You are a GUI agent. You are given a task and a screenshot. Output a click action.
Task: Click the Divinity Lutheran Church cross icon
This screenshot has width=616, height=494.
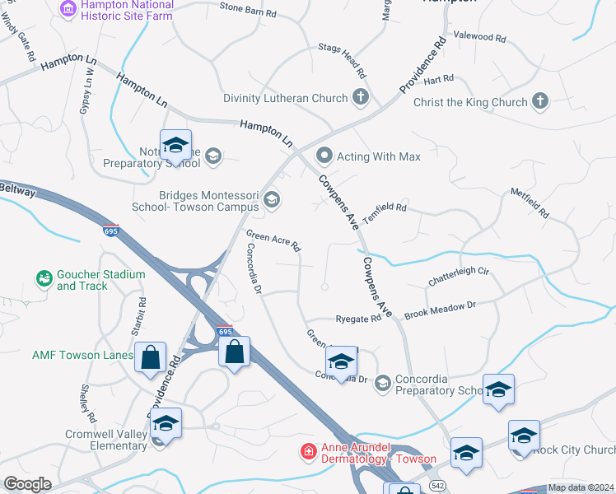(360, 98)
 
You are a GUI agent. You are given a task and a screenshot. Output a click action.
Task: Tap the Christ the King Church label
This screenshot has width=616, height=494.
(470, 102)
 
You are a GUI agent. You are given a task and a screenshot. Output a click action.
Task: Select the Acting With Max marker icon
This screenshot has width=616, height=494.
(324, 156)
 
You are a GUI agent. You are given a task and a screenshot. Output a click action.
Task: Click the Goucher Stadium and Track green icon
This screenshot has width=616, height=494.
(43, 279)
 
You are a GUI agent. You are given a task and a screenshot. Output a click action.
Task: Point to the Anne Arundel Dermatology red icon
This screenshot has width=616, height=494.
(308, 451)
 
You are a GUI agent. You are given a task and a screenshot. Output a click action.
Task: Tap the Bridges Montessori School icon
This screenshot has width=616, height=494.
(271, 199)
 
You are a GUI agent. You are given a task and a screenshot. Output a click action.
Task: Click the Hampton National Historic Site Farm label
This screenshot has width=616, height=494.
(127, 11)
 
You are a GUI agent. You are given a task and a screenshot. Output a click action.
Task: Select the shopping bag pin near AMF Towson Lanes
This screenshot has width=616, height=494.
(150, 358)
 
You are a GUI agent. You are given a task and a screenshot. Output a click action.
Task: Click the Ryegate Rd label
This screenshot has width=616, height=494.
(358, 319)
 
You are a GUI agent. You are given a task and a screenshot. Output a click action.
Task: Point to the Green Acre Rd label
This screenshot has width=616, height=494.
(273, 241)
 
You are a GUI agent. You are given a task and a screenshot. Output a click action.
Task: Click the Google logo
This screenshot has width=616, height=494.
(28, 484)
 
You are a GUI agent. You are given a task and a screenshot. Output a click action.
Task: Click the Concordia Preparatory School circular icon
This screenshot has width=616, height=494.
(382, 383)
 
